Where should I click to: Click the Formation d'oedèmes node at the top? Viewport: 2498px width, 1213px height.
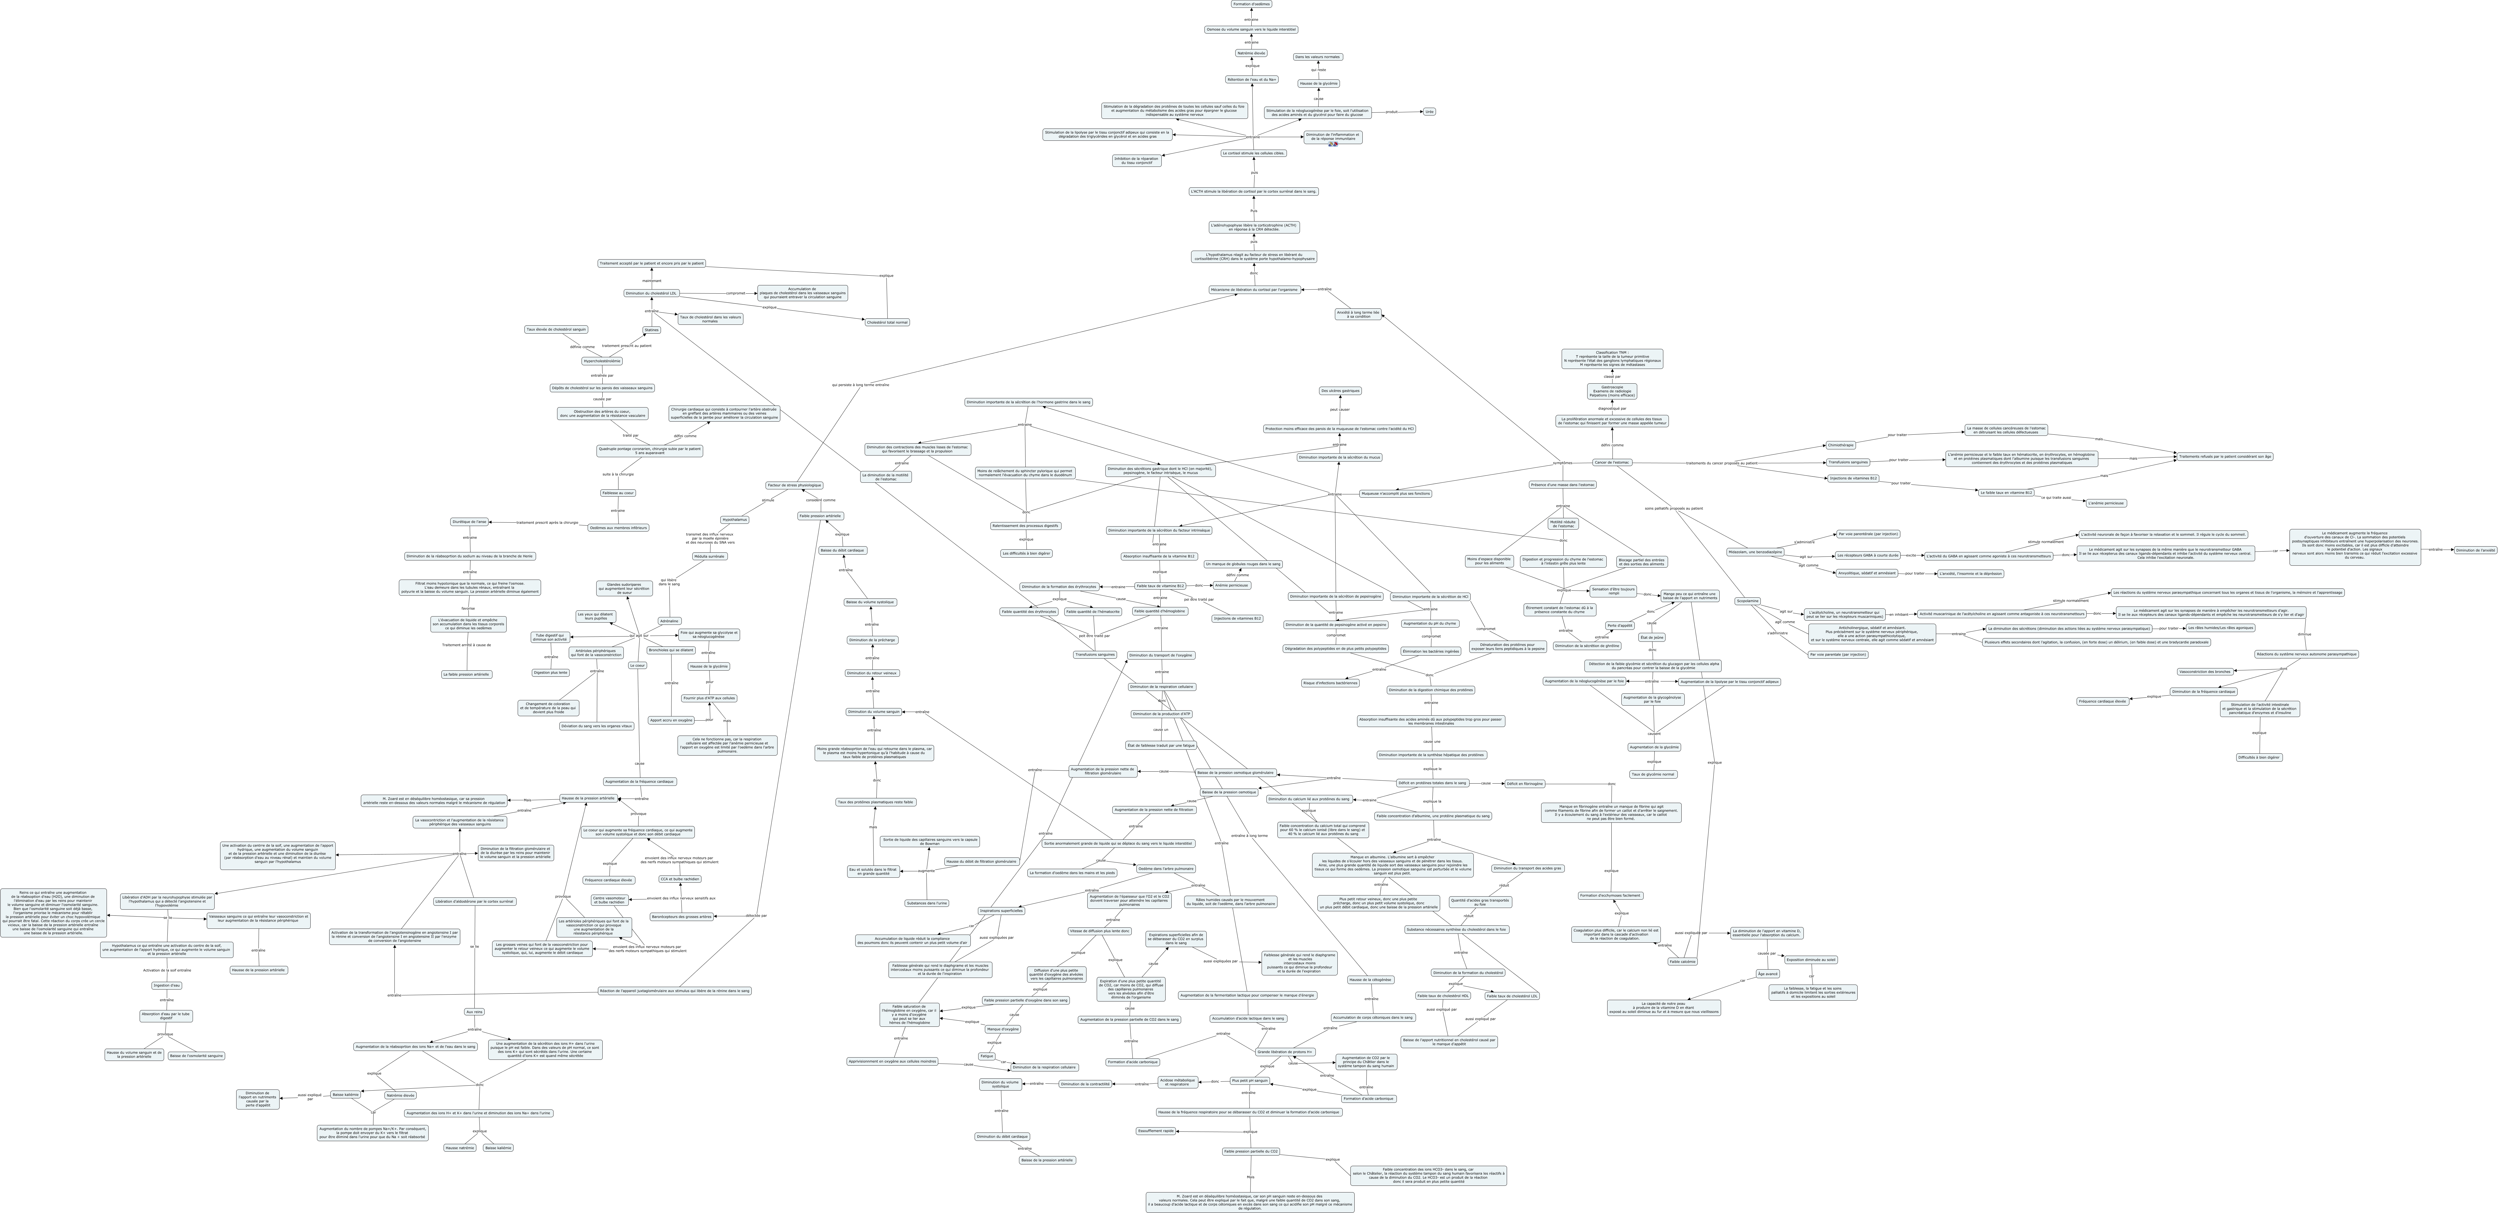click(1251, 4)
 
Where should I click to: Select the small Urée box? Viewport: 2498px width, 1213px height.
click(1428, 112)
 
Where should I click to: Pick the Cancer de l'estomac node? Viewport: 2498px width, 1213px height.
click(1612, 462)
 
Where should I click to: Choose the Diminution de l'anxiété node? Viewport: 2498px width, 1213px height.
click(2475, 550)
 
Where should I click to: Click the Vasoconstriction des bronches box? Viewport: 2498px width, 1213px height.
click(2204, 671)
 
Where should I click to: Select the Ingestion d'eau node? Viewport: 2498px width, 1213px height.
click(167, 985)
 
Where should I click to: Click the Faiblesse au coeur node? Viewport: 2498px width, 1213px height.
click(618, 493)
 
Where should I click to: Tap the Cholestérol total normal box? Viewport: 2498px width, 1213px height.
click(887, 322)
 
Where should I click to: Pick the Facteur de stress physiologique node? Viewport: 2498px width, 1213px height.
click(793, 485)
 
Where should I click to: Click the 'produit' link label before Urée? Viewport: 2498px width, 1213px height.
click(1392, 112)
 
